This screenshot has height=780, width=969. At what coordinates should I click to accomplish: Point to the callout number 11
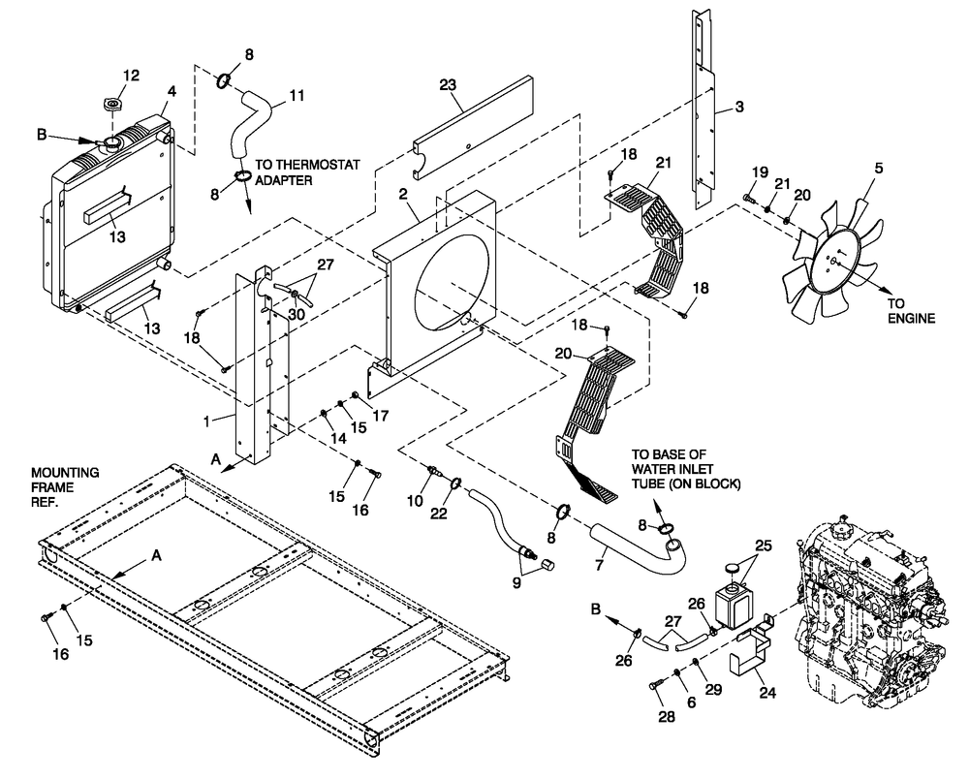[296, 96]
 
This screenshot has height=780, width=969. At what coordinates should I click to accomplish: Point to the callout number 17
[380, 418]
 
